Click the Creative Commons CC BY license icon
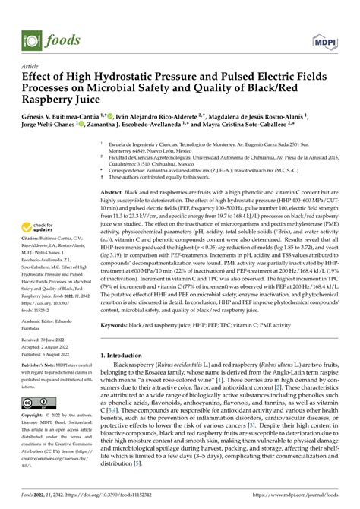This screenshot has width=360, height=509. [38, 402]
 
